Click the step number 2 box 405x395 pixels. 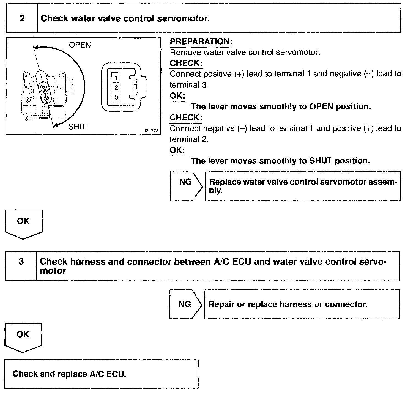[22, 18]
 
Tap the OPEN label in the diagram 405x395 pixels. [80, 45]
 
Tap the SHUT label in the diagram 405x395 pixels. [79, 127]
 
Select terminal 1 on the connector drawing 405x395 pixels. [116, 78]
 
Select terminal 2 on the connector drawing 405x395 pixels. [116, 87]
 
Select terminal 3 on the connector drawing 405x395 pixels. [116, 97]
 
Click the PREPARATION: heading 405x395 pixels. [201, 42]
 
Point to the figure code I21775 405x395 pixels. [152, 131]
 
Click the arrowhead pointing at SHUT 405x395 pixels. [56, 125]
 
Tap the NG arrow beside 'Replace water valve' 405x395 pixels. [186, 186]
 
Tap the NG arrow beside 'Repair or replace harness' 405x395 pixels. [185, 304]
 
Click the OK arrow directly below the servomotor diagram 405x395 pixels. [23, 223]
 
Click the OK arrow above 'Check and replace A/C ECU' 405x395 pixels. [23, 337]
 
